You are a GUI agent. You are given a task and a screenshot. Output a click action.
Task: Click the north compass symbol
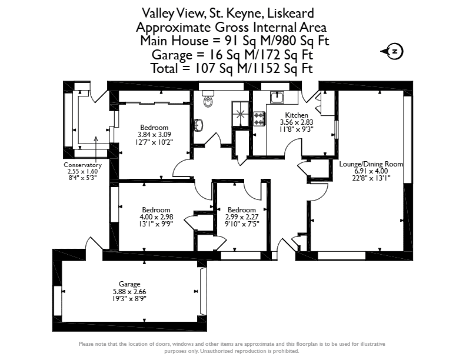coord(393,52)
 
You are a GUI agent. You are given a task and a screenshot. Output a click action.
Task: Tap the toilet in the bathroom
coord(208,99)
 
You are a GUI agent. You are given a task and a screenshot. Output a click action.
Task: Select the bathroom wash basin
coord(198,125)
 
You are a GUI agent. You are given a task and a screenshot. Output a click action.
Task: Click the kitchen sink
coord(277,97)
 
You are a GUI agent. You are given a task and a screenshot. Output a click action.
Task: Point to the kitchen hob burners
coord(259,118)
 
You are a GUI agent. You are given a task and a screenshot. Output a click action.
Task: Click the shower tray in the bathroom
coord(240,114)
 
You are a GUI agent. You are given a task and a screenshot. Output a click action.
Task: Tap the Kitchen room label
coord(297,115)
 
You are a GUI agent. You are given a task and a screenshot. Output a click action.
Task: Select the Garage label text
coord(129,284)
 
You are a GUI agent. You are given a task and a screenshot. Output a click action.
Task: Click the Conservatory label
coord(82,165)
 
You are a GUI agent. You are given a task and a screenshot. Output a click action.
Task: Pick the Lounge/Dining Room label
coord(371,164)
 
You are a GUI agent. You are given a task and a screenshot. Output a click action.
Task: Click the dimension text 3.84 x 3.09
coord(154,135)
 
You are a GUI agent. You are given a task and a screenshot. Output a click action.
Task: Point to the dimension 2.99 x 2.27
coord(242,217)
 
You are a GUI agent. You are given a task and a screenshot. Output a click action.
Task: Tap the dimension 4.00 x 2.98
coord(157,217)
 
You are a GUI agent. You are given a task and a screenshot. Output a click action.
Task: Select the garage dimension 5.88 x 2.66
coord(129,292)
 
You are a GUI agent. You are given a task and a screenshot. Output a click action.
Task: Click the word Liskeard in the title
coord(290,14)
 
